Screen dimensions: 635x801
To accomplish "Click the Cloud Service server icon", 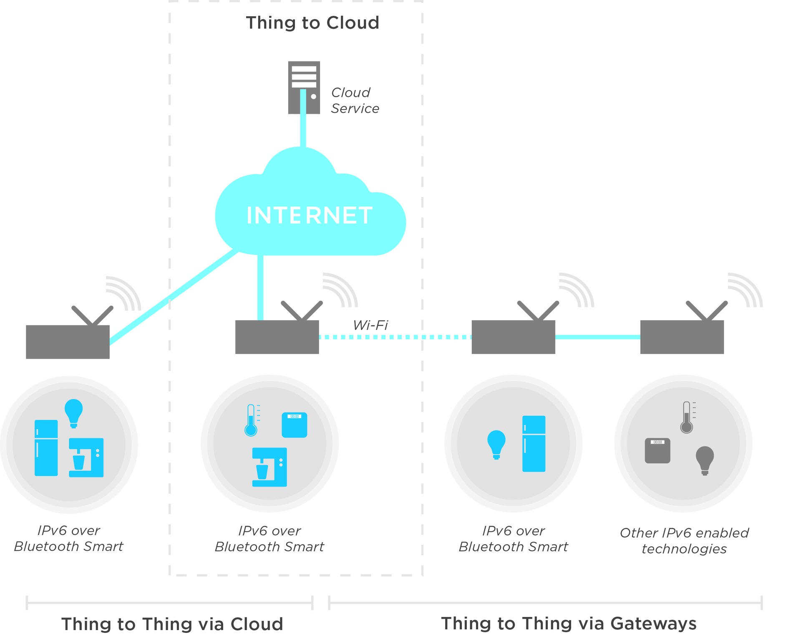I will coord(304,87).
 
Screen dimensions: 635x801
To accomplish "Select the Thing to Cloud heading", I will coord(312,23).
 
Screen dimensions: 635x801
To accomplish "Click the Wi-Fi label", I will coord(370,325).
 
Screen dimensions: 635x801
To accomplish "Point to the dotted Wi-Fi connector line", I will coord(394,337).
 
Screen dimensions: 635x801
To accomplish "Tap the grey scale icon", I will coord(657,450).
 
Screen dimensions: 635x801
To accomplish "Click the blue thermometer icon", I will coord(251,420).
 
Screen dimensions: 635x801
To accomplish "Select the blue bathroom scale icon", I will coord(295,425).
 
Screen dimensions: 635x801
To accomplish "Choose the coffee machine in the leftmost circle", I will coord(86,457).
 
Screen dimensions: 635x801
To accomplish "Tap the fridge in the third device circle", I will coord(534,443).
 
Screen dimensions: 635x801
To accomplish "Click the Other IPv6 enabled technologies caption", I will coord(684,541).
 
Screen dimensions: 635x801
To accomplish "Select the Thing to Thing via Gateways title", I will coord(569,623).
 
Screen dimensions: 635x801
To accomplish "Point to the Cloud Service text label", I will coord(355,100).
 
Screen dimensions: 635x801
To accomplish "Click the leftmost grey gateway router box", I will coord(68,342).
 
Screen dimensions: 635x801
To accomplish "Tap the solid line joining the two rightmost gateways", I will coord(597,337).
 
